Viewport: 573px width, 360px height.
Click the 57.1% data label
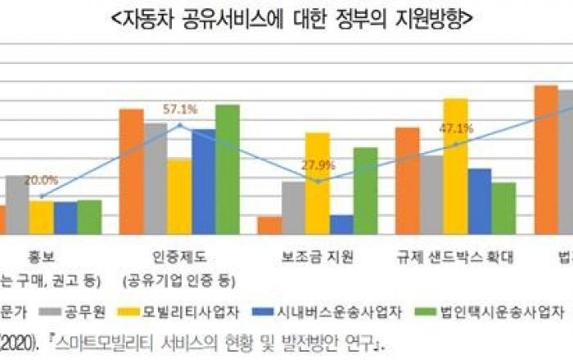coord(180,109)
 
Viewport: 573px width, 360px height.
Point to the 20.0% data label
coord(41,180)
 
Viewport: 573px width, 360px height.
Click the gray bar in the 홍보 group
coord(17,205)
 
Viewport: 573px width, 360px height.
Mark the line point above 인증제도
coord(180,125)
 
